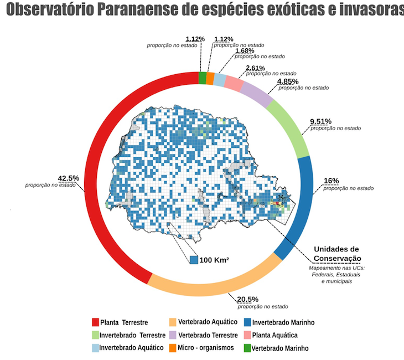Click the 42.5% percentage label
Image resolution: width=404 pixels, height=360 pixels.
tap(69, 178)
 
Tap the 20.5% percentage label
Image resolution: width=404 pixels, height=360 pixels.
tap(246, 300)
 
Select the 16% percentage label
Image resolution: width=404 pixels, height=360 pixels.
tap(332, 181)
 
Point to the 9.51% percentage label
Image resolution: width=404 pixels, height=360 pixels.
tap(320, 121)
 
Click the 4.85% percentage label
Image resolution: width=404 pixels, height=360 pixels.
tap(287, 81)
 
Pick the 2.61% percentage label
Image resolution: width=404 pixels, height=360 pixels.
tap(256, 68)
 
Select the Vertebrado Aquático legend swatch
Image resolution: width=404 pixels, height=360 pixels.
tap(173, 322)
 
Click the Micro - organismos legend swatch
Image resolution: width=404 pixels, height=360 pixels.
tap(173, 348)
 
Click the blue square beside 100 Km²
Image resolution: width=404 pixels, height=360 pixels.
tap(194, 260)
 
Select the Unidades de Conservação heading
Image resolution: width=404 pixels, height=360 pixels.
tap(337, 254)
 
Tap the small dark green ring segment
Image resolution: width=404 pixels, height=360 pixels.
tap(202, 78)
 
